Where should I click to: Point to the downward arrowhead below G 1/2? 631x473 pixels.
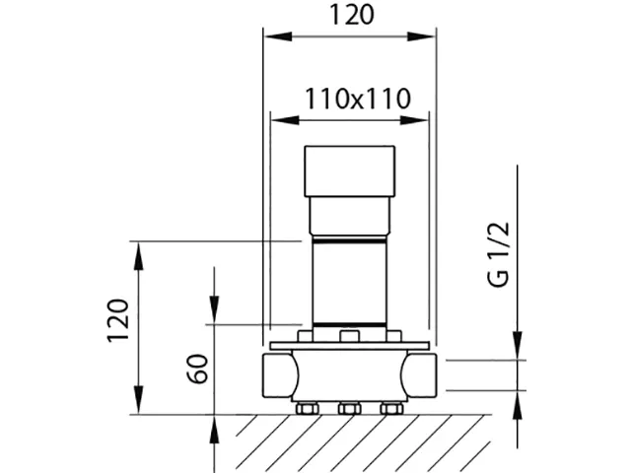pos(518,349)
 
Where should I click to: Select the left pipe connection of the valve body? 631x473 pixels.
pos(278,374)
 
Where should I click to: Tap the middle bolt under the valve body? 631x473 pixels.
pos(349,408)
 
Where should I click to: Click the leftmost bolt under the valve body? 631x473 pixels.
pos(306,408)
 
